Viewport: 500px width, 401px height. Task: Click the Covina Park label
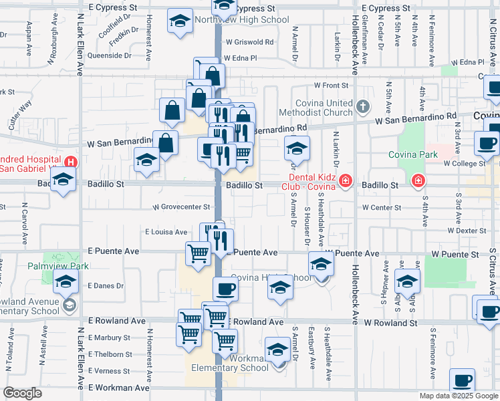pos(413,154)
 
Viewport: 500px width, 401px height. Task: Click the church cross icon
pos(362,106)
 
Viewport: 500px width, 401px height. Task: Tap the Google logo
pos(22,394)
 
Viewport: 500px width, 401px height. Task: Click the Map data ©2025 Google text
pos(459,396)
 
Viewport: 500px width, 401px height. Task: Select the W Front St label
pos(332,86)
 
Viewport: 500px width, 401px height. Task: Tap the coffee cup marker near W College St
pos(487,142)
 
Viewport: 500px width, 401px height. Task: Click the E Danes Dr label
pos(106,285)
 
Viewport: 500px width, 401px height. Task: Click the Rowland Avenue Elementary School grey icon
pos(68,305)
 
